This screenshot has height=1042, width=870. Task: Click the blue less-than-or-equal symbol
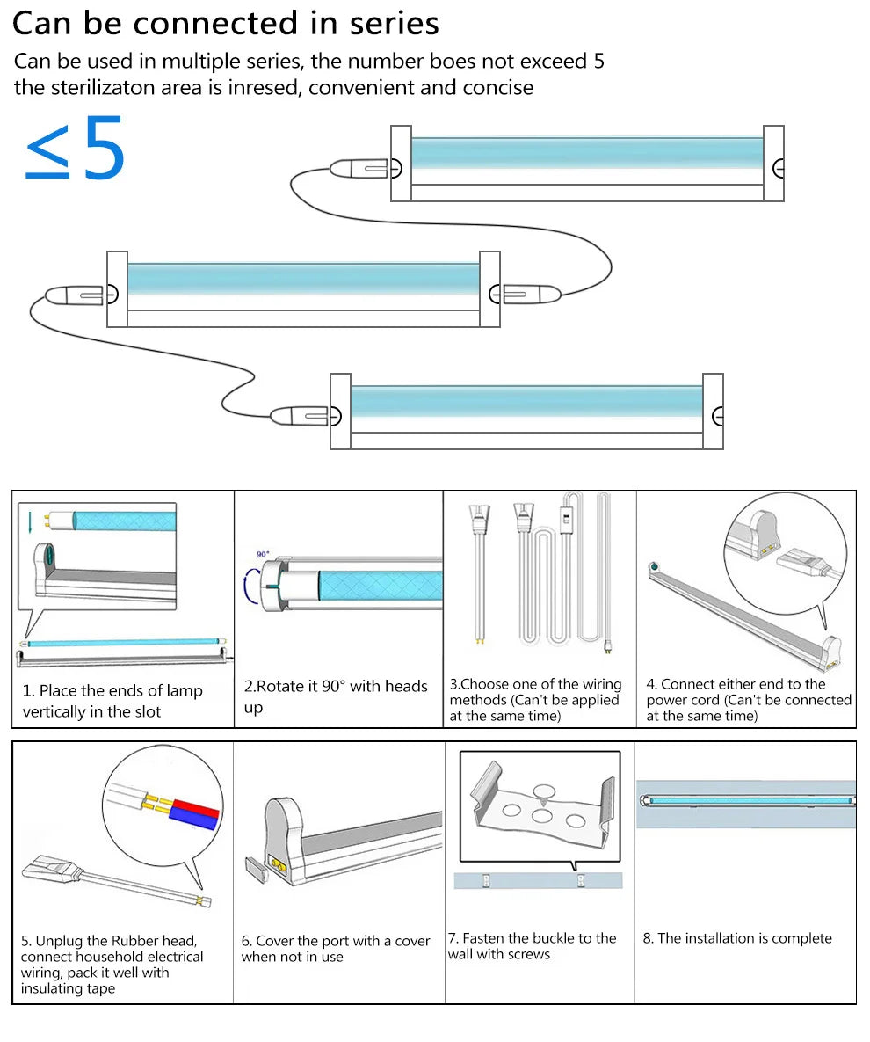47,151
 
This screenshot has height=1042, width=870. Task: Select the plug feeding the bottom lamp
298,414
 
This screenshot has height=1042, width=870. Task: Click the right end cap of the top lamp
773,164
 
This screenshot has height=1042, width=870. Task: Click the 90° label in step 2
263,555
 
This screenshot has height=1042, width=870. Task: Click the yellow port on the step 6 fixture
280,866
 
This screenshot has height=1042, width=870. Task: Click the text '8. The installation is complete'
736,938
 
